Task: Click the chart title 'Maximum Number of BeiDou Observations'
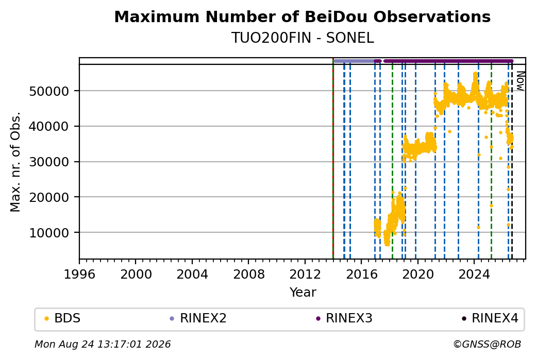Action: [x=302, y=16]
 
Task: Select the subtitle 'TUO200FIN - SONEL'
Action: [x=303, y=38]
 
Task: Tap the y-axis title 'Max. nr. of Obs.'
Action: [x=15, y=162]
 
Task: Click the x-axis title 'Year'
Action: [x=303, y=293]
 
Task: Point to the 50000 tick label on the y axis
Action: [x=49, y=91]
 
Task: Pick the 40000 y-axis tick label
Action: [x=49, y=126]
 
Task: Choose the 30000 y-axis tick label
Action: [x=49, y=162]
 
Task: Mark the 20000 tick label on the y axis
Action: [x=49, y=197]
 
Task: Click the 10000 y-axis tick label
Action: [x=49, y=233]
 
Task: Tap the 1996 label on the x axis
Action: [x=79, y=275]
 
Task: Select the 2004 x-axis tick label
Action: [x=192, y=275]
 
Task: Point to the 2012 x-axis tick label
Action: [x=305, y=275]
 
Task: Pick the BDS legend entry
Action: [x=63, y=318]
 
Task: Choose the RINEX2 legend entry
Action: [x=198, y=318]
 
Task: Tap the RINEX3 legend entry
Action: [x=344, y=318]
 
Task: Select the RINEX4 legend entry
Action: [x=490, y=318]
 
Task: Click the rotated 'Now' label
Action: [x=520, y=81]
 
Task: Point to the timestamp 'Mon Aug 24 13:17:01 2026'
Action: [x=103, y=344]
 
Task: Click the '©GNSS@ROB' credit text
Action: [x=487, y=344]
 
